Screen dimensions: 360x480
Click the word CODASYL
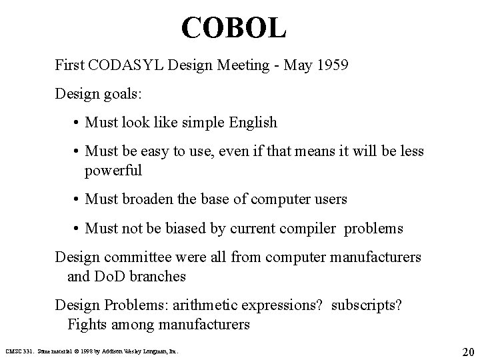click(125, 67)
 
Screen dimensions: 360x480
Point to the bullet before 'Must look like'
click(77, 123)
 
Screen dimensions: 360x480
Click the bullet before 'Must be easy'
click(77, 153)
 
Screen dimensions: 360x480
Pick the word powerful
click(113, 170)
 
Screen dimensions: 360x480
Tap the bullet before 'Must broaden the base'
click(77, 199)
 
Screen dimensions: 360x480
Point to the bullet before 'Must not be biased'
click(77, 229)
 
